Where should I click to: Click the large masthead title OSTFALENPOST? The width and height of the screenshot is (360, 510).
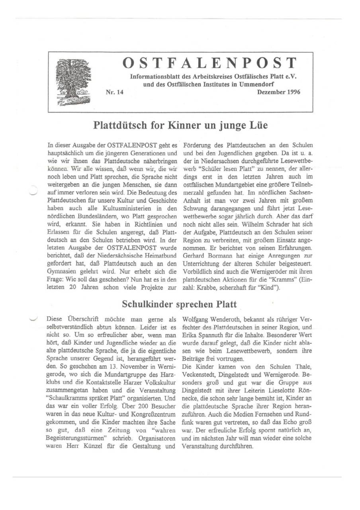(209, 63)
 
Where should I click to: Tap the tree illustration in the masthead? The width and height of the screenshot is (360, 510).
(73, 82)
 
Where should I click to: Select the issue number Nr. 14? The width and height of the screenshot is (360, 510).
(115, 92)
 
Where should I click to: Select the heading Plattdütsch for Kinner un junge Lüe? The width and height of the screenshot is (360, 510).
(180, 125)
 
